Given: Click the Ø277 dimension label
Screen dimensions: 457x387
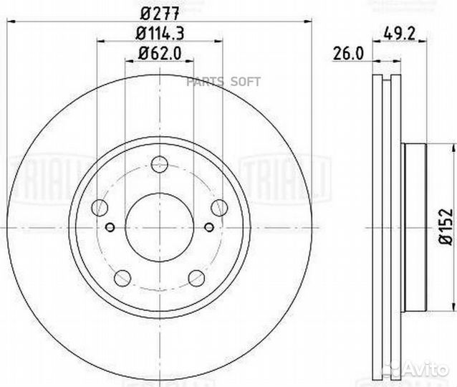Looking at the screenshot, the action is [x=160, y=13].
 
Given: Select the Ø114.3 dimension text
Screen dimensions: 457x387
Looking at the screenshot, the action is [x=160, y=33].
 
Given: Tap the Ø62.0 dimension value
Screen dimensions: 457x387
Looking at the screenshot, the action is [x=160, y=53].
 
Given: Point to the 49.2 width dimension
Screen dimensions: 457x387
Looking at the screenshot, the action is [x=399, y=34].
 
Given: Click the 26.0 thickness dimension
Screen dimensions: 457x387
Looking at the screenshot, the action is [x=349, y=54].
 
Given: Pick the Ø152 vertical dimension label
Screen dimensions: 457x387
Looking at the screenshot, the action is [x=446, y=226].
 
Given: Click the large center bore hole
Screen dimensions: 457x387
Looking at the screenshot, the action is [x=160, y=227].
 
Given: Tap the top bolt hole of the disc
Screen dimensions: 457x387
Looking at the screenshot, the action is [x=160, y=164].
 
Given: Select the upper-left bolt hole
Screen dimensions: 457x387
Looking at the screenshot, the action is [x=100, y=208].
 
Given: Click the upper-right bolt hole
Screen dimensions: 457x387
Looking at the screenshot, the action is [x=219, y=208].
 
